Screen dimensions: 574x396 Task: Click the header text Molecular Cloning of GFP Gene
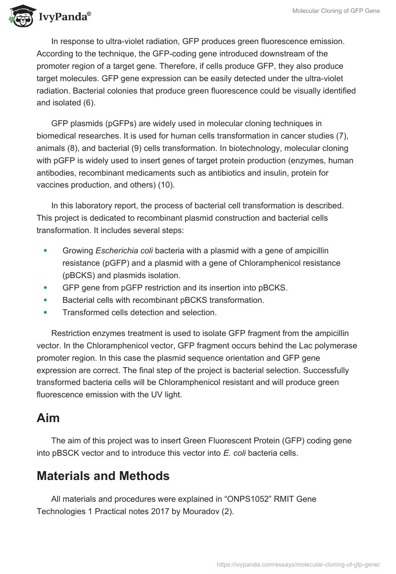pos(335,11)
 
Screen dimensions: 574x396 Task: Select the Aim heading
pos(48,418)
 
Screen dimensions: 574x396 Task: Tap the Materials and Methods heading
pos(103,476)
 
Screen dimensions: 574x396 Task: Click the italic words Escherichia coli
pos(125,251)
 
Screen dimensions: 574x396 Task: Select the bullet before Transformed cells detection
pos(46,312)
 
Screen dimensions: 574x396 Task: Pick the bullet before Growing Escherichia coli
pos(46,251)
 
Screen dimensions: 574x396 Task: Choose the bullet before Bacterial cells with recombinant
pos(46,300)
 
